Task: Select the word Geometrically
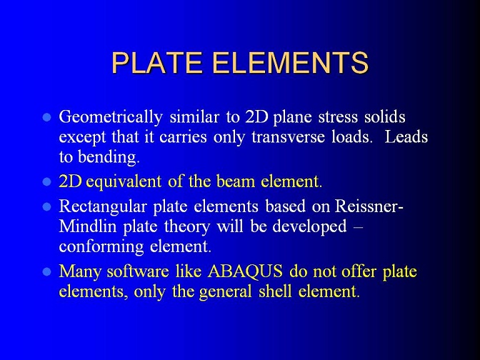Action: coord(111,118)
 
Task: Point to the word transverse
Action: coord(288,137)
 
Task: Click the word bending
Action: coord(109,157)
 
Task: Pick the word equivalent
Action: coord(124,182)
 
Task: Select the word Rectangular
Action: coord(103,207)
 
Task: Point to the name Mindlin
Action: coord(88,226)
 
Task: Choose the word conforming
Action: coord(101,247)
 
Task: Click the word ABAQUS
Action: coord(245,271)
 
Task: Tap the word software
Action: coord(137,271)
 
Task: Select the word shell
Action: coord(275,291)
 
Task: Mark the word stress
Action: coord(338,118)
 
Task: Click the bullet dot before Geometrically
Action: coord(47,118)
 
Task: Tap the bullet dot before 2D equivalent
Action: coord(47,182)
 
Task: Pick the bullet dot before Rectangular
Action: coord(47,207)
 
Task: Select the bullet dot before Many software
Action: coord(47,272)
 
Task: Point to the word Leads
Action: coord(406,136)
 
